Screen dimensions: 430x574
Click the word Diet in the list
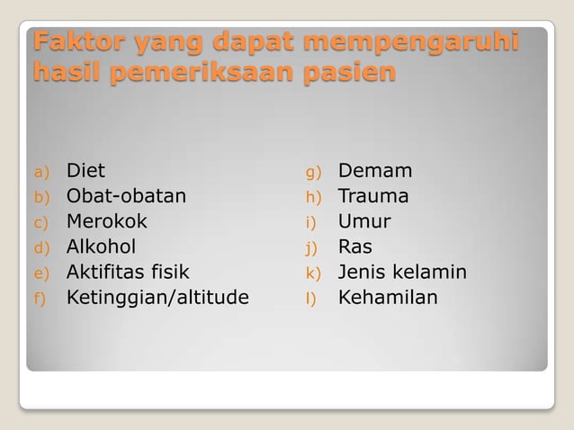[x=85, y=171]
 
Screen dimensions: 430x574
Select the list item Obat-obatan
[x=126, y=196]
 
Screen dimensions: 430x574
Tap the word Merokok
[x=106, y=221]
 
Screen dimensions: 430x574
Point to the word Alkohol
[x=101, y=246]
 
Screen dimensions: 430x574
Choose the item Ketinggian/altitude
[x=157, y=298]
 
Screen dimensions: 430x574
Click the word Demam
[x=374, y=171]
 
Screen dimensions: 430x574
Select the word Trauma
[x=372, y=196]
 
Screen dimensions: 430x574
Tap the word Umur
[x=364, y=221]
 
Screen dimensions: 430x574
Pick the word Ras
[x=354, y=246]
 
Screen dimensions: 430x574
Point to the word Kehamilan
[x=388, y=298]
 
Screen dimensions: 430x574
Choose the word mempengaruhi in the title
[x=411, y=42]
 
